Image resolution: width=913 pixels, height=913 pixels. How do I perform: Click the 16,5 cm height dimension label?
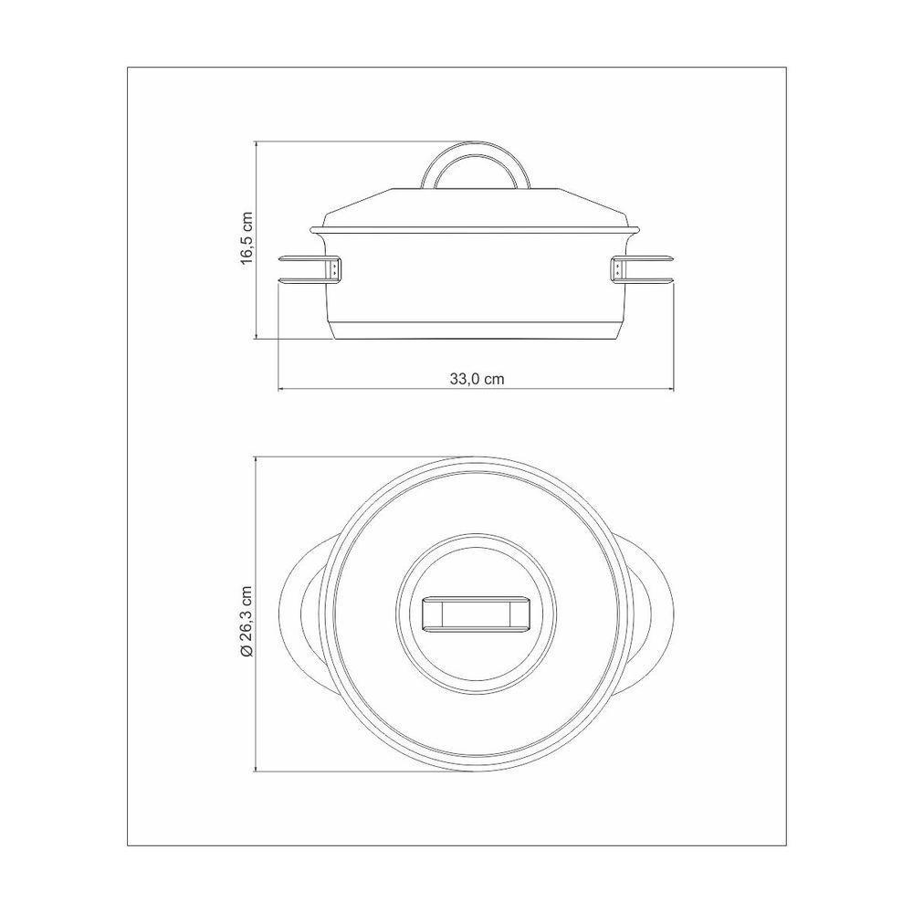tap(246, 239)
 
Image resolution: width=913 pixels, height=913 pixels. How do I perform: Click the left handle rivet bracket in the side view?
tap(336, 269)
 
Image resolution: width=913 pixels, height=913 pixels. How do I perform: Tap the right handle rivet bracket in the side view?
tap(618, 269)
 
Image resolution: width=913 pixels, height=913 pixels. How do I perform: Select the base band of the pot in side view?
tap(476, 331)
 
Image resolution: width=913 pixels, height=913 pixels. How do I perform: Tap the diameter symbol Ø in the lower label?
tap(246, 651)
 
